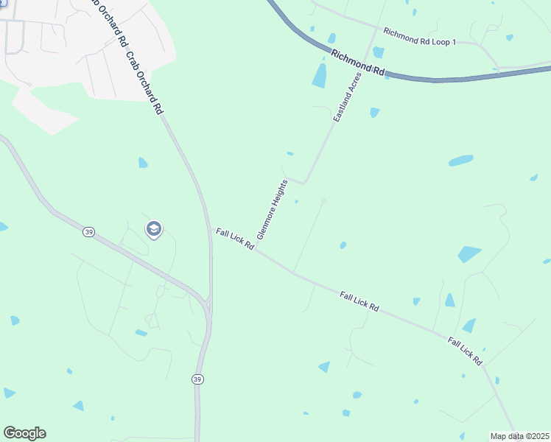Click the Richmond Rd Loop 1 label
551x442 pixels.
pyautogui.click(x=419, y=37)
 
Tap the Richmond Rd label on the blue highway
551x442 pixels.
pyautogui.click(x=358, y=63)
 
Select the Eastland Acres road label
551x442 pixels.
pyautogui.click(x=348, y=97)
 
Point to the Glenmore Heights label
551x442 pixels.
pyautogui.click(x=272, y=208)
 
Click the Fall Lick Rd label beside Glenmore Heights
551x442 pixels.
pyautogui.click(x=235, y=239)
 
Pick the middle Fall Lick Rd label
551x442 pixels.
pyautogui.click(x=359, y=301)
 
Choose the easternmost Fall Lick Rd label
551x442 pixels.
pyautogui.click(x=465, y=351)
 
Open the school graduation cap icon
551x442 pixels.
pyautogui.click(x=154, y=230)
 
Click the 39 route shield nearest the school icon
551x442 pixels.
pyautogui.click(x=89, y=232)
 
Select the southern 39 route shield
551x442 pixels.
pyautogui.click(x=197, y=379)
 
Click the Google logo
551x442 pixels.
pyautogui.click(x=24, y=433)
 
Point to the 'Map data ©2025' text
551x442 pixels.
pyautogui.click(x=519, y=436)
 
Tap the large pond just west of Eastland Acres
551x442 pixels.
pyautogui.click(x=320, y=76)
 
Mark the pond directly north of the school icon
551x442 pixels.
pyautogui.click(x=143, y=162)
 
